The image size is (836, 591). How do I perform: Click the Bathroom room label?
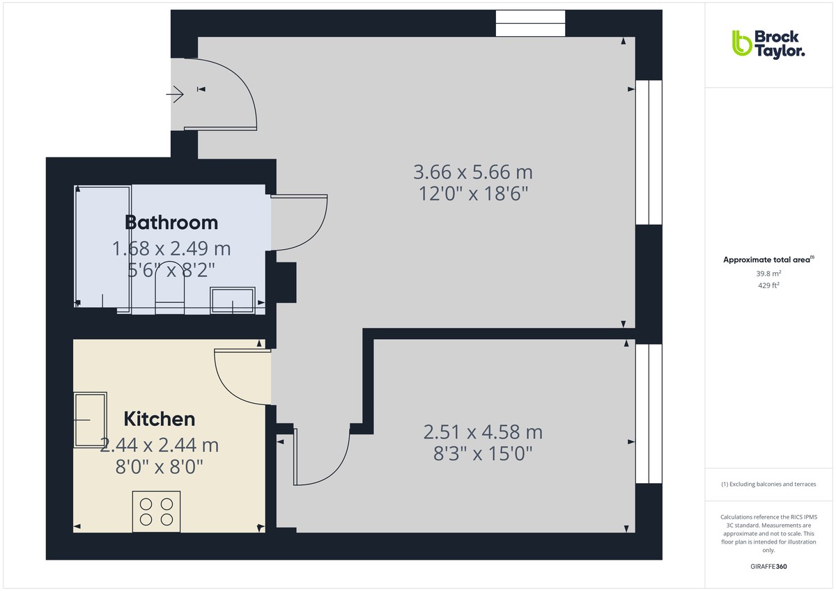(x=171, y=223)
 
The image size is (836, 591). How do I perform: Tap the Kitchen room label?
(x=159, y=419)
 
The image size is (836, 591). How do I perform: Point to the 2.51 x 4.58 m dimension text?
(x=483, y=432)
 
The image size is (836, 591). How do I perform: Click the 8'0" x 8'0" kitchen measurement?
(x=159, y=466)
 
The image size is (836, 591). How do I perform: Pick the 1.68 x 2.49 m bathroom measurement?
(x=171, y=248)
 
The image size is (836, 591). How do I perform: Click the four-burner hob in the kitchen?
(x=157, y=510)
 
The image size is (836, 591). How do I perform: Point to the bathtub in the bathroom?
(x=102, y=247)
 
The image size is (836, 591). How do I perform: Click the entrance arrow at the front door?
(x=175, y=93)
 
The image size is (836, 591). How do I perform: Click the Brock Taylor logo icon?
(x=741, y=43)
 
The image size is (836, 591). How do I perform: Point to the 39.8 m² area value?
(x=768, y=274)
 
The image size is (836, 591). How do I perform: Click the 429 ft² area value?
(x=768, y=285)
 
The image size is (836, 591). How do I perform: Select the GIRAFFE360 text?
(x=768, y=567)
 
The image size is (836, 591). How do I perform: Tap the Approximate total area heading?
(x=768, y=260)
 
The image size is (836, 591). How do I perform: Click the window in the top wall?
(x=530, y=24)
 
